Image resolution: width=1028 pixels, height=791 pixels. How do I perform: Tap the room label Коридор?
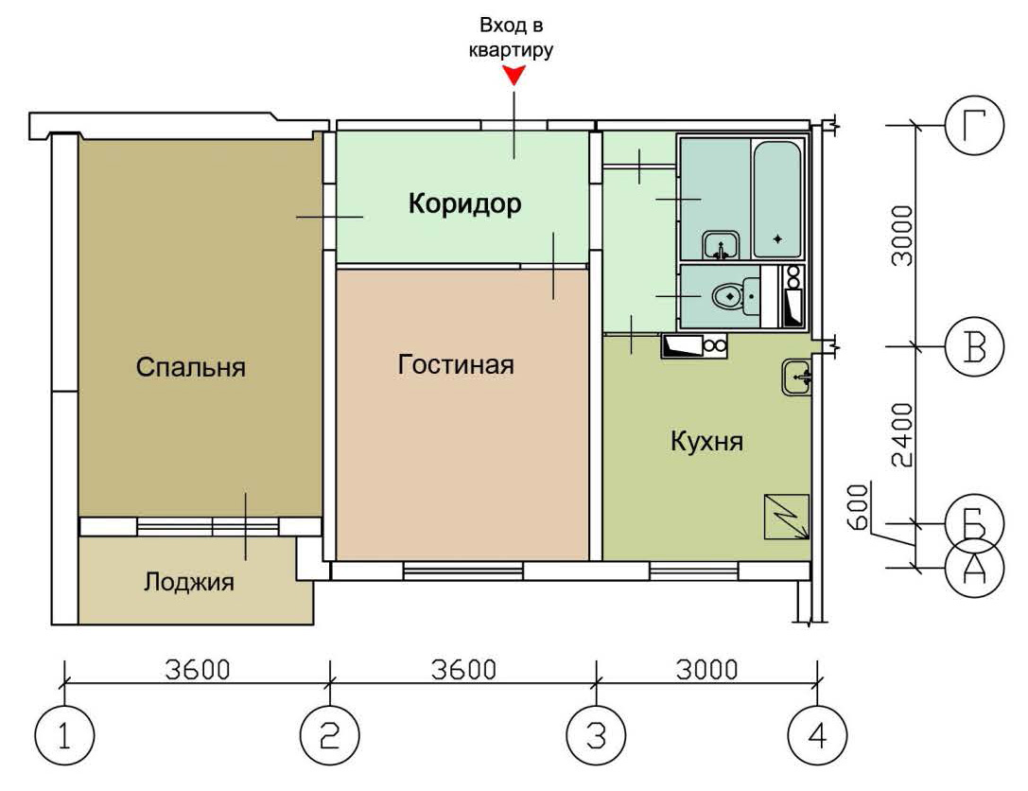coord(465,203)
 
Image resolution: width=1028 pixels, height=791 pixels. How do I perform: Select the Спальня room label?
coord(191,367)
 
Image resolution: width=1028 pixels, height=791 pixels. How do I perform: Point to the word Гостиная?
coord(456,364)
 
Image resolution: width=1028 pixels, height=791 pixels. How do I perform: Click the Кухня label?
coord(706,442)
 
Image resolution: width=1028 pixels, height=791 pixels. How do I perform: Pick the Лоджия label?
coord(189,582)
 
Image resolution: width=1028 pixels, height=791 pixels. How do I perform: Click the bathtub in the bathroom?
coord(776,200)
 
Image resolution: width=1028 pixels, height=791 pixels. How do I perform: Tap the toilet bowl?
coord(726,296)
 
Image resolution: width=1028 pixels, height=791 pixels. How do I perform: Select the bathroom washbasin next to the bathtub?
coord(722,245)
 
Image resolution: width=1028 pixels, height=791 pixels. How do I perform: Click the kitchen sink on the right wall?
coord(796,378)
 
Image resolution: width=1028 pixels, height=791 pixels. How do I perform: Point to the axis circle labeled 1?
coord(64,735)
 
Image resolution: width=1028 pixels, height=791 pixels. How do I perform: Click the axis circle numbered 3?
coord(596,735)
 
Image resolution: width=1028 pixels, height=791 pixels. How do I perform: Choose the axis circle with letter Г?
coord(974,126)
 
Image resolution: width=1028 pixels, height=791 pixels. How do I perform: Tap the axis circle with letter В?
coord(974,347)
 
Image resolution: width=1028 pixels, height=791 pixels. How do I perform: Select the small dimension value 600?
coord(858,507)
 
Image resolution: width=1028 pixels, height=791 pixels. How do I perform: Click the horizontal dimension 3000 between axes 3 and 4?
coord(706,670)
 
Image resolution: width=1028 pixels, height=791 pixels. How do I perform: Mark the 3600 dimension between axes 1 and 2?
coord(198,670)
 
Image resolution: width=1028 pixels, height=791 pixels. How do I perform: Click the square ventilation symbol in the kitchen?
coord(787,517)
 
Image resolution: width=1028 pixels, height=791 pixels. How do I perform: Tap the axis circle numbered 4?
coord(817,735)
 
